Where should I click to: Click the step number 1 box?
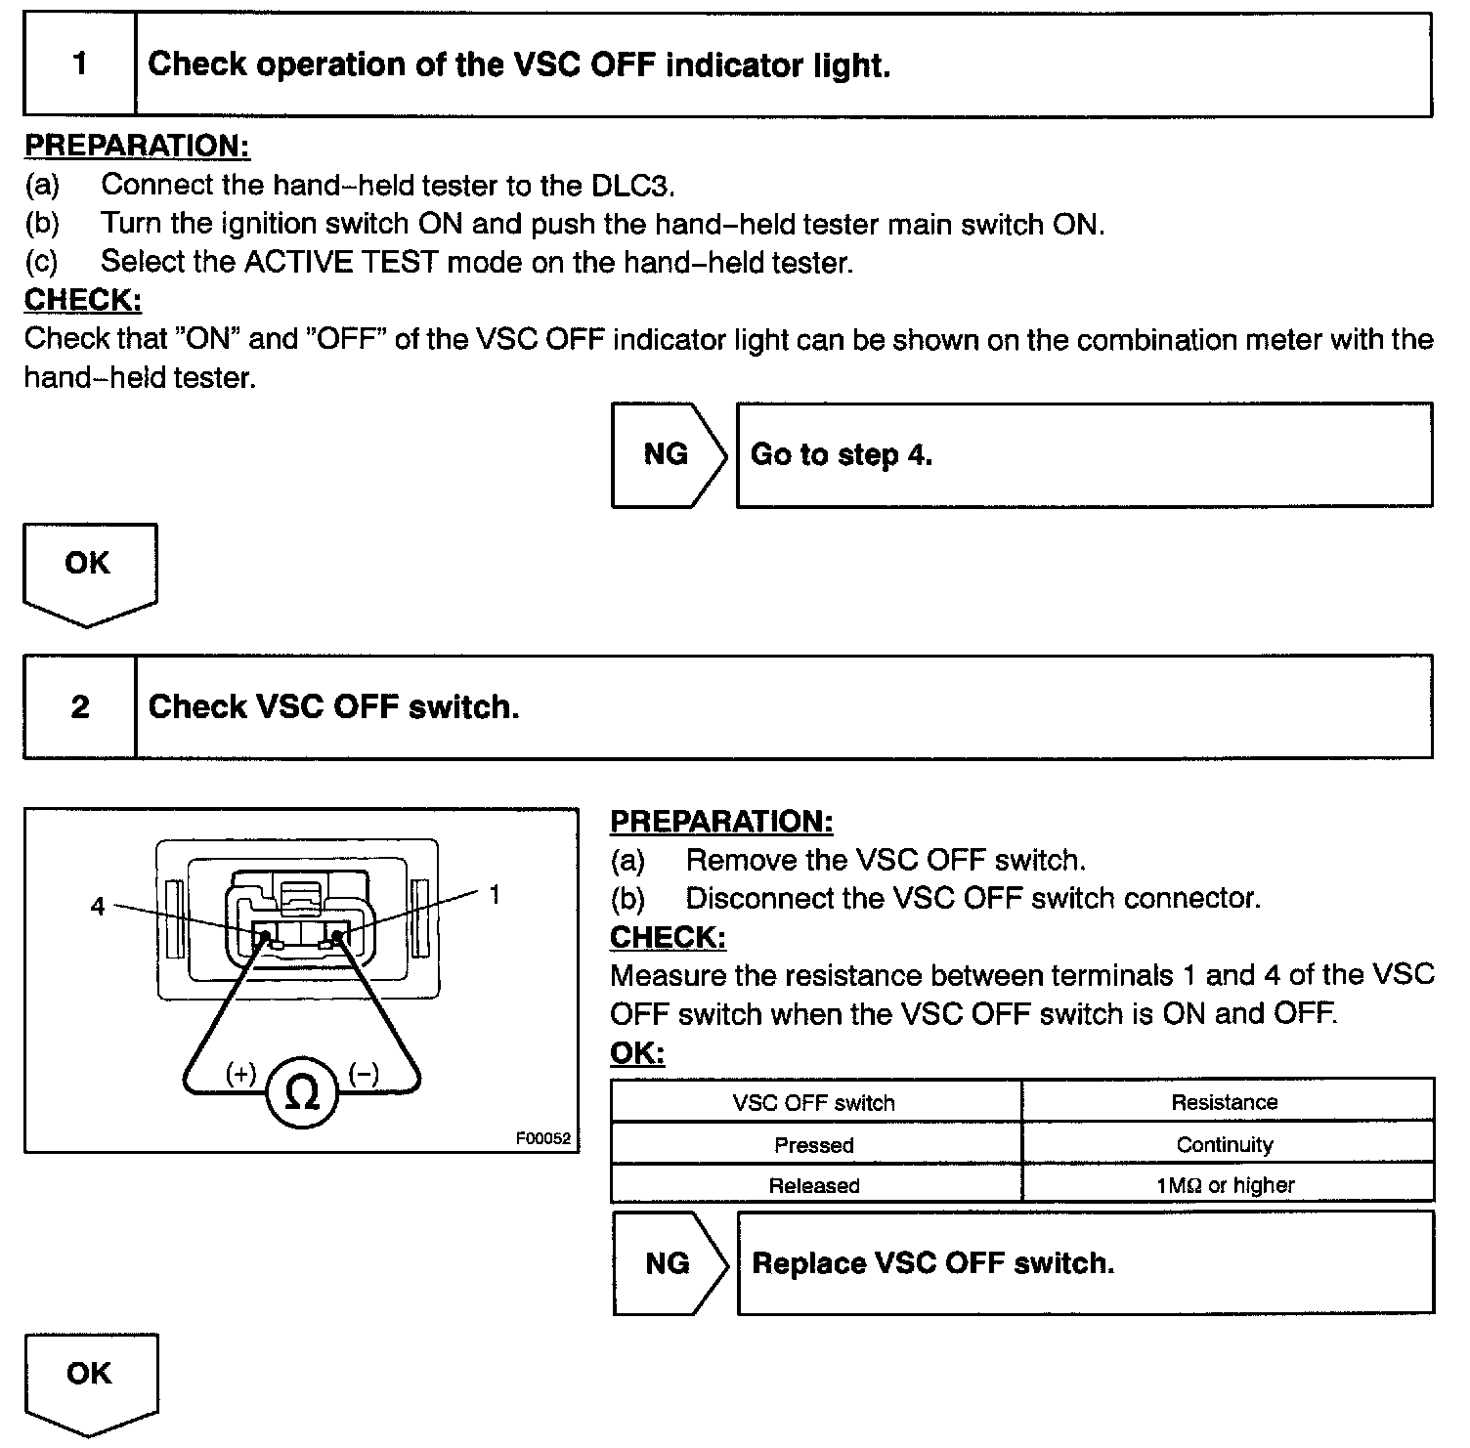(x=80, y=64)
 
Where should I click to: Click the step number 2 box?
(x=80, y=706)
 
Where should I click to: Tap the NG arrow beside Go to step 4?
(x=669, y=454)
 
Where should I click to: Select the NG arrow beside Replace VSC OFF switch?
(x=670, y=1263)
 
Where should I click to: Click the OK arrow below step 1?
(x=88, y=569)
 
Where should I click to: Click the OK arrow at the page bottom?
(x=90, y=1378)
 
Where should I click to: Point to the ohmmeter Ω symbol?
(x=301, y=1092)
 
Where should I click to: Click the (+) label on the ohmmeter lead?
(x=240, y=1074)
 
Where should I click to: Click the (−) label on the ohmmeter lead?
(x=364, y=1074)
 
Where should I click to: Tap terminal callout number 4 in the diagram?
(x=97, y=907)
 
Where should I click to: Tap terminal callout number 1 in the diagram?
(x=495, y=894)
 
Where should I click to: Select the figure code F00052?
(x=542, y=1138)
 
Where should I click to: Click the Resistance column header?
(x=1225, y=1102)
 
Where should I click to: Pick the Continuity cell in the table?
(x=1225, y=1144)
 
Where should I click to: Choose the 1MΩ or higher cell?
(x=1225, y=1185)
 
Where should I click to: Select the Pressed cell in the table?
(x=814, y=1144)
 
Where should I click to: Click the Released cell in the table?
(x=814, y=1185)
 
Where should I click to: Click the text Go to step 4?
(x=842, y=454)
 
